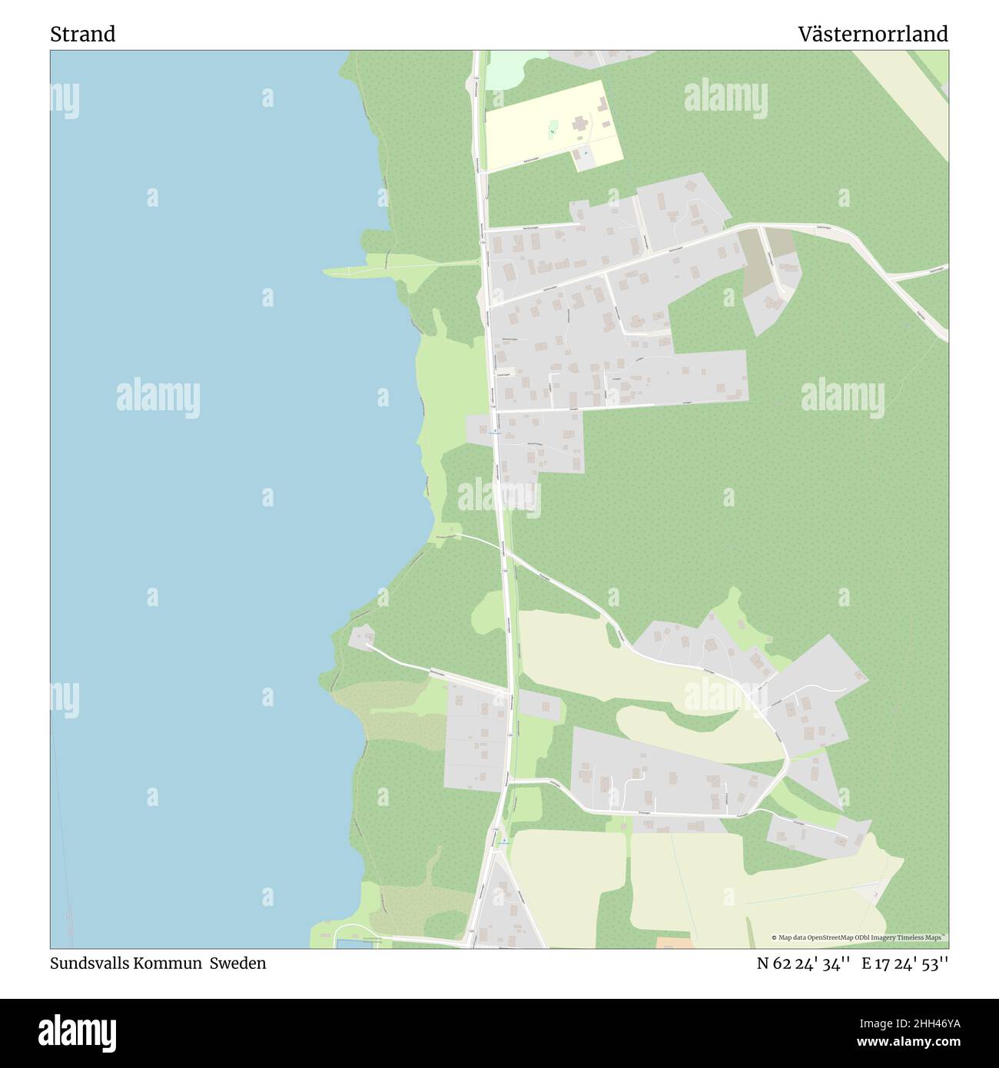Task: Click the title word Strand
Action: pos(83,34)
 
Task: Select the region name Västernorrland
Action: pos(872,34)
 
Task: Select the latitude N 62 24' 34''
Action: pos(803,963)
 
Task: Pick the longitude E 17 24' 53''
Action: pos(905,963)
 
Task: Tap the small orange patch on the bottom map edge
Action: pos(674,942)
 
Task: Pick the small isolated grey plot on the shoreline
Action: pos(361,636)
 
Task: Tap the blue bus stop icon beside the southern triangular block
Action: pos(504,841)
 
